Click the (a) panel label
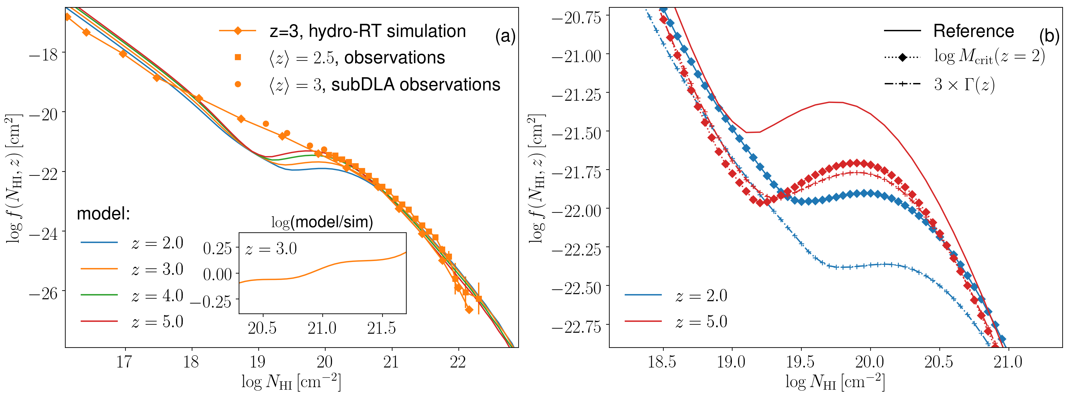(x=505, y=37)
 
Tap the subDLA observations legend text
(x=384, y=85)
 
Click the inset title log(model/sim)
(x=322, y=222)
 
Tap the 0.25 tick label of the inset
(x=217, y=248)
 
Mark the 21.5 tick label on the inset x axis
(x=381, y=328)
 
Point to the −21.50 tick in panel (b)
(x=576, y=133)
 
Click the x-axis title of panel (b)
(x=835, y=381)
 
